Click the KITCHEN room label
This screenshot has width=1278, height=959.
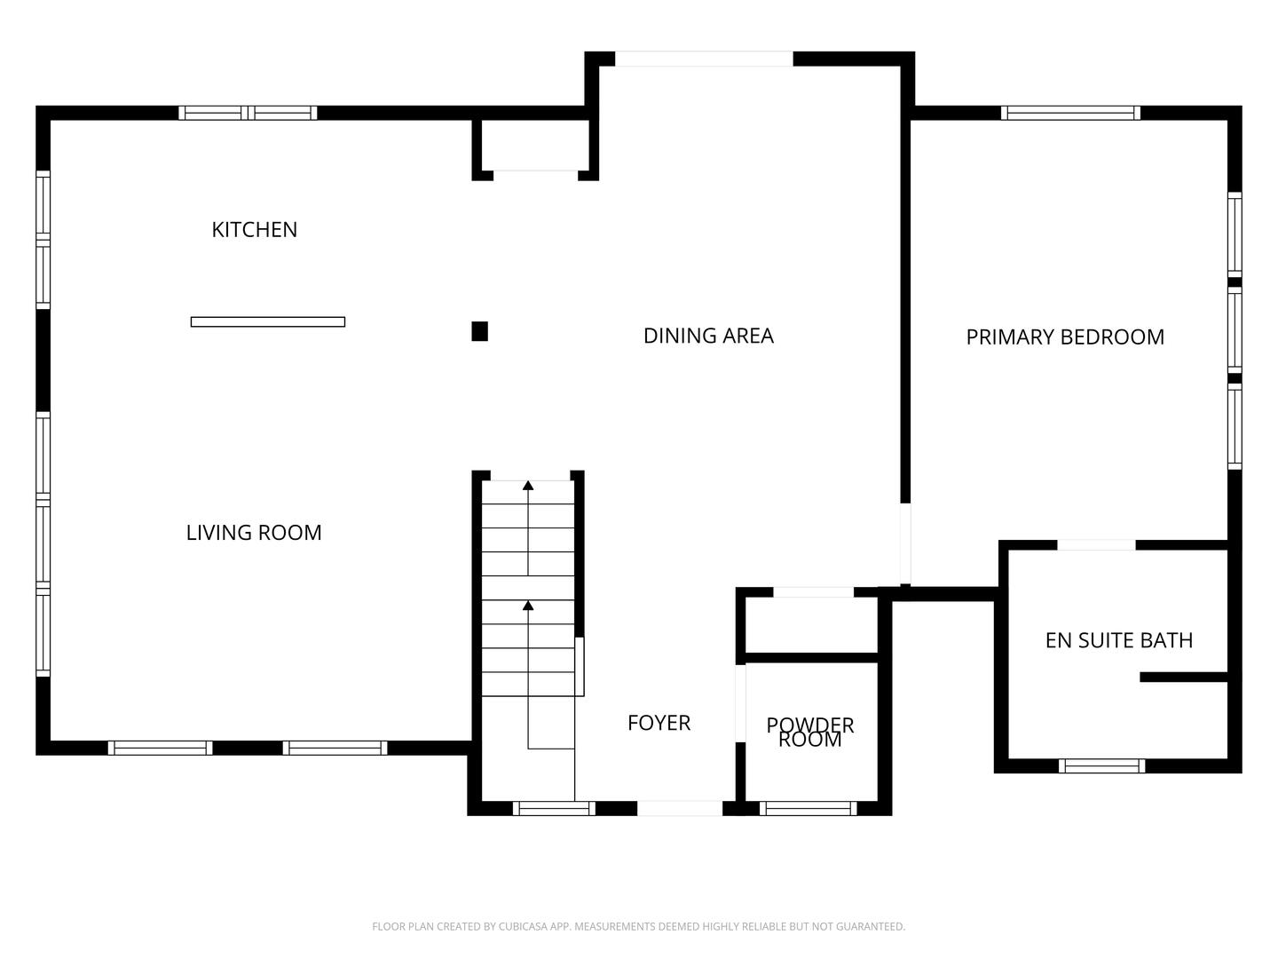[x=254, y=229]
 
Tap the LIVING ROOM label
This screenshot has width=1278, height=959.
[x=254, y=533]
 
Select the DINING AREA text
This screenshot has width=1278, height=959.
[x=708, y=336]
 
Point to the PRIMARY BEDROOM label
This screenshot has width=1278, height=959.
[x=1065, y=337]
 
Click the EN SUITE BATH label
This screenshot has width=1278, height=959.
[x=1118, y=640]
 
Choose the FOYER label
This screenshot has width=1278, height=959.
[x=659, y=723]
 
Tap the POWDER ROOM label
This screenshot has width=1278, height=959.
[x=809, y=733]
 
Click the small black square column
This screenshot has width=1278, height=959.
[x=479, y=331]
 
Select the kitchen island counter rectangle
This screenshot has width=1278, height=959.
[x=268, y=321]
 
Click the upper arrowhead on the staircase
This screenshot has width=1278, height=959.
[x=528, y=485]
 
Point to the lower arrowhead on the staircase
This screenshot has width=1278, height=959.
[x=528, y=606]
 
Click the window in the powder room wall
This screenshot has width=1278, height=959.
[x=809, y=808]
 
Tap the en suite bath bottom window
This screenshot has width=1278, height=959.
[x=1102, y=765]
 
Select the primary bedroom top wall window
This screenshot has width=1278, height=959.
[x=1070, y=113]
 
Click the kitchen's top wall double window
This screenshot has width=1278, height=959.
[x=248, y=113]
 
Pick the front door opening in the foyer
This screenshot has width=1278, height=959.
[x=680, y=808]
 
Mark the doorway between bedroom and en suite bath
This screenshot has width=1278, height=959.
[x=1096, y=544]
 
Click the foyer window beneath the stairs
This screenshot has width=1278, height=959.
[x=554, y=808]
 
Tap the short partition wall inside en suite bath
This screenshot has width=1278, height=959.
[x=1183, y=678]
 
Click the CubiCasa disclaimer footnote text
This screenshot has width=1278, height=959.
[x=638, y=926]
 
